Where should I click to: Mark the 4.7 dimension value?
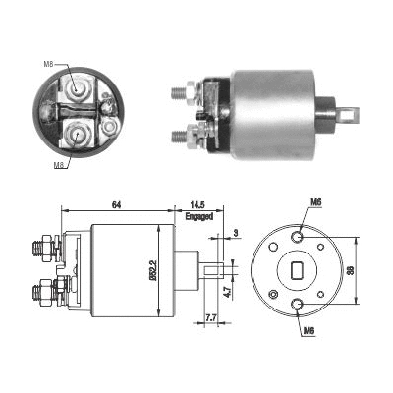228,292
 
